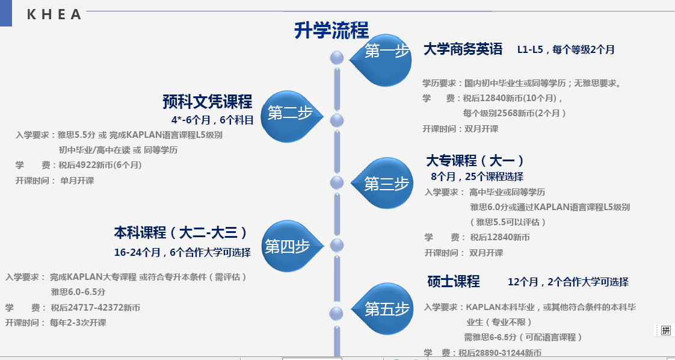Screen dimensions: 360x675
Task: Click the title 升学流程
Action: click(x=331, y=30)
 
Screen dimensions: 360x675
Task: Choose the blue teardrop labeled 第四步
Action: click(x=288, y=246)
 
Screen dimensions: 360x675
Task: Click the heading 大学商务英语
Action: click(x=463, y=49)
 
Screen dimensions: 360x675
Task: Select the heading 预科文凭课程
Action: click(x=207, y=101)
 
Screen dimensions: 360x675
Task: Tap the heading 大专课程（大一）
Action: click(x=475, y=161)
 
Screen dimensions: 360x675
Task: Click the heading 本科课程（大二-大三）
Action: click(x=180, y=233)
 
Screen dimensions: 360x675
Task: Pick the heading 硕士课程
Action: click(x=453, y=281)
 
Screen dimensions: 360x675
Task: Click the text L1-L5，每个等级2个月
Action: click(x=566, y=50)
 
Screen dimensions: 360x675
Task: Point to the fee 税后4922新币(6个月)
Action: click(x=100, y=165)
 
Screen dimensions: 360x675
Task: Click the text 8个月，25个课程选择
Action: click(x=477, y=177)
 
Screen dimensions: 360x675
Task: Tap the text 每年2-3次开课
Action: click(x=78, y=323)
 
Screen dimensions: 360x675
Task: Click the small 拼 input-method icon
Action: click(x=665, y=330)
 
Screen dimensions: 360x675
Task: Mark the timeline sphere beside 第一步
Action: click(x=337, y=58)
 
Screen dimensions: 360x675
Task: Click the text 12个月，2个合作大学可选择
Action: click(x=568, y=282)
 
